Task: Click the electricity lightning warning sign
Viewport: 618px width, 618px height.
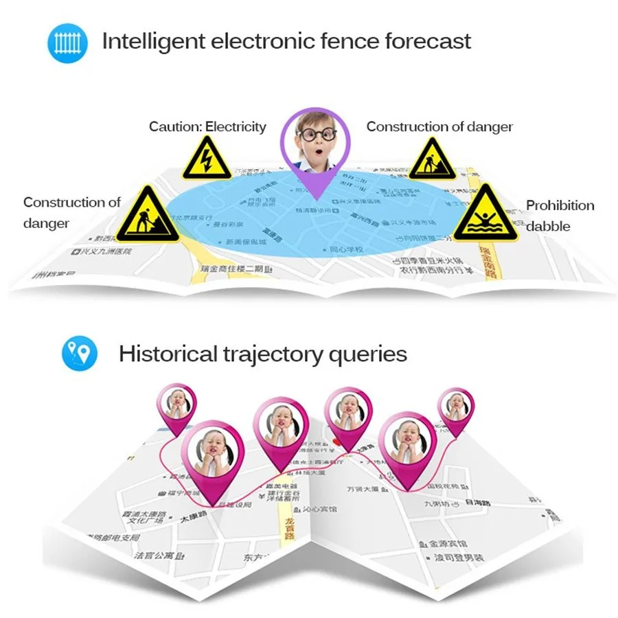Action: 205,159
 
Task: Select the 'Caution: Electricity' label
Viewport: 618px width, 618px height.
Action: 207,126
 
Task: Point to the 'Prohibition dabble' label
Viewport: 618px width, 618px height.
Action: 560,215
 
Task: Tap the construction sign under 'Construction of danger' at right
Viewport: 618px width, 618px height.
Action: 432,159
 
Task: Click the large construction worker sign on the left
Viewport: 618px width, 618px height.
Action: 148,215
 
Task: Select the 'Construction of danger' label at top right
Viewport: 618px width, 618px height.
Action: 439,126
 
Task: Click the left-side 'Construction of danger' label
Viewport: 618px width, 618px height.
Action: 71,212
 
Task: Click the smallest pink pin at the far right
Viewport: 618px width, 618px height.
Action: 456,408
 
